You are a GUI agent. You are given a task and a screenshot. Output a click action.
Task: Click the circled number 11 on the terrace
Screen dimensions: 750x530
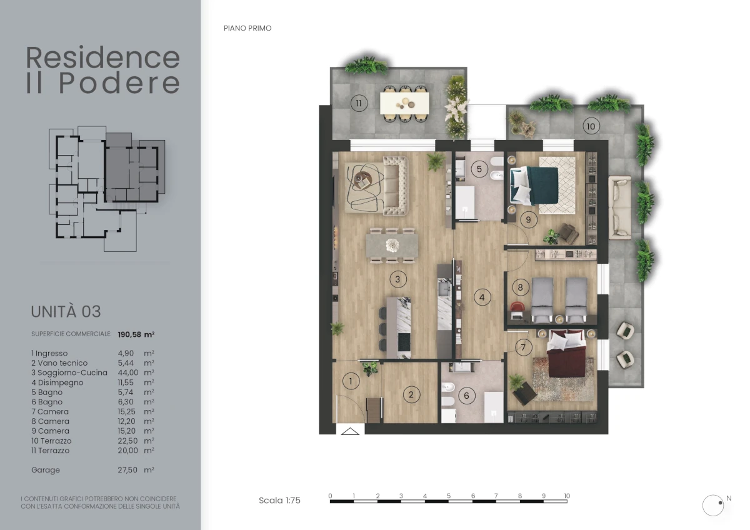coord(359,103)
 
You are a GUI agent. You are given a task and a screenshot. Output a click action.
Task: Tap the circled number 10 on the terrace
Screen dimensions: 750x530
coord(591,126)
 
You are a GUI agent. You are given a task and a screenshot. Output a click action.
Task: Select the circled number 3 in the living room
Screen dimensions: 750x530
coord(397,279)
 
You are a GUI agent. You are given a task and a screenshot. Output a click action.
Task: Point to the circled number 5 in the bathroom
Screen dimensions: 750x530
coord(479,169)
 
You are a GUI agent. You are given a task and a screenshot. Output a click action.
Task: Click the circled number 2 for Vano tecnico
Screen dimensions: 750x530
coord(411,395)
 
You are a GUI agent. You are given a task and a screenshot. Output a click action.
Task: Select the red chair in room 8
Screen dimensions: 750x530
coord(517,307)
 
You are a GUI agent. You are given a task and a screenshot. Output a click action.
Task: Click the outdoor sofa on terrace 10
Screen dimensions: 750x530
coord(620,207)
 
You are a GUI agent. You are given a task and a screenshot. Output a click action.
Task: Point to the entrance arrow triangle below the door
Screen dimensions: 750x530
coord(350,431)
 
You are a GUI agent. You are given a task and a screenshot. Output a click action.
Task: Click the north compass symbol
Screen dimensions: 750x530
coord(713,506)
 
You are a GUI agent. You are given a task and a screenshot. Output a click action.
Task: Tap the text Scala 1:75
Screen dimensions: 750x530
coord(279,500)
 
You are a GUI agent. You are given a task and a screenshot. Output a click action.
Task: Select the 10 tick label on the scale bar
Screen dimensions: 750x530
coord(566,496)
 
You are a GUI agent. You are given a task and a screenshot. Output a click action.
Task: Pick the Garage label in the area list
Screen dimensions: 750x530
coord(46,470)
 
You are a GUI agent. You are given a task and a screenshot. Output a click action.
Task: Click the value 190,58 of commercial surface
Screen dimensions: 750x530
coord(129,334)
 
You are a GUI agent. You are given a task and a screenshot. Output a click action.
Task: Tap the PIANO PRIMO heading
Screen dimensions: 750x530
coord(247,28)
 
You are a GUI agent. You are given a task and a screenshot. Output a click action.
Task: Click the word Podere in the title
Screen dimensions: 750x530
coord(119,82)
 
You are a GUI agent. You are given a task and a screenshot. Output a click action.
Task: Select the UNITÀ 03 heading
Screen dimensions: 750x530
coord(66,311)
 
